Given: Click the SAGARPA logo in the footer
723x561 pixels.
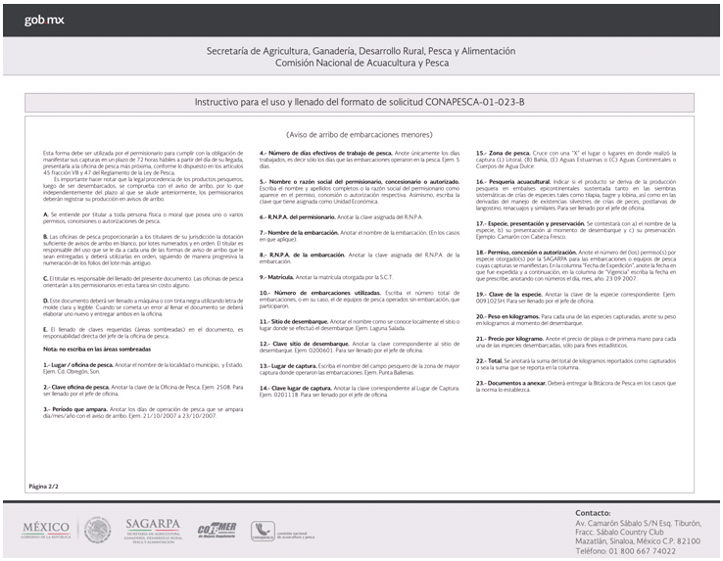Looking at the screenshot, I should tap(156, 530).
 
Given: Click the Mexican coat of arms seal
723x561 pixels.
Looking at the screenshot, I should tap(97, 530).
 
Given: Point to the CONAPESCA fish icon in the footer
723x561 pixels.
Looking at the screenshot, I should tap(262, 530).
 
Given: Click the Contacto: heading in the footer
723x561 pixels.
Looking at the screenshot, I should tap(594, 512).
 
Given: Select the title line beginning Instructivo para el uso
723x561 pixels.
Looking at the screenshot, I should tap(361, 101).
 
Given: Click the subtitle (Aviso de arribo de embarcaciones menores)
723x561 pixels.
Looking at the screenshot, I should tap(361, 135).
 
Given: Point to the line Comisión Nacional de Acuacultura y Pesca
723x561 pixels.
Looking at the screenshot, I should tap(361, 62).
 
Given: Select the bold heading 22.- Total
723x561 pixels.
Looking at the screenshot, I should tap(491, 359).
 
